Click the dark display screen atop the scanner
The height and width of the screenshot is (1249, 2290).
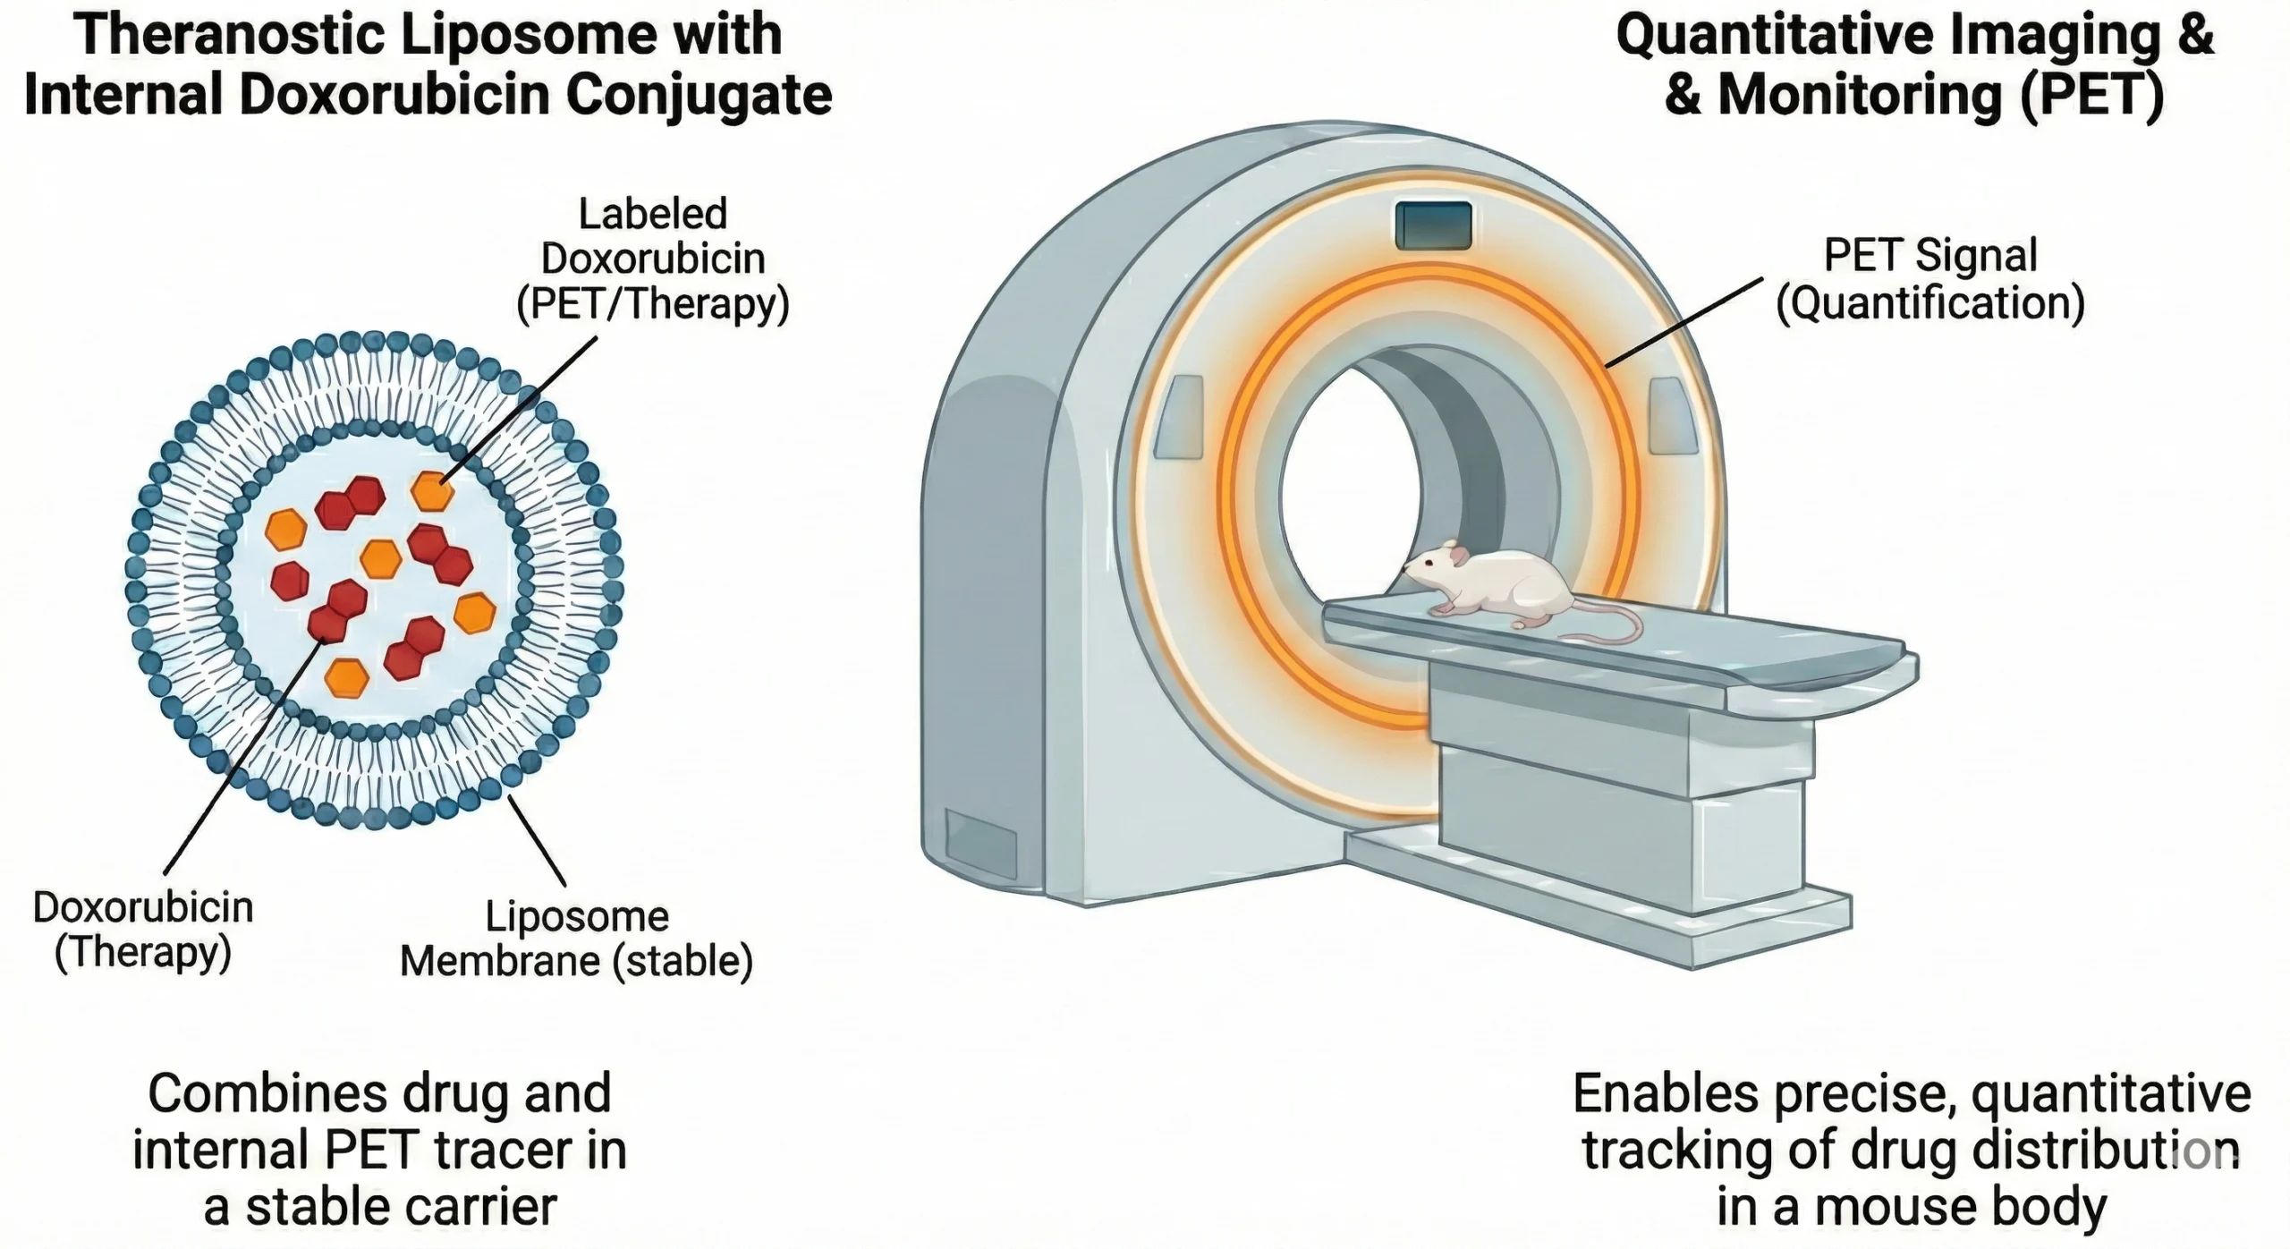tap(1433, 225)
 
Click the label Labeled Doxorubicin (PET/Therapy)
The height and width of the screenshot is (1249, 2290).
tap(653, 259)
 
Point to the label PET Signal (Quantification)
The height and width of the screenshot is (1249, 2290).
tap(1930, 279)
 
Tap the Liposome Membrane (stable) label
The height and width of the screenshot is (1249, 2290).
tap(576, 939)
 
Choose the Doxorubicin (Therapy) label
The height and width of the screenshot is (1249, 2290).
tap(143, 930)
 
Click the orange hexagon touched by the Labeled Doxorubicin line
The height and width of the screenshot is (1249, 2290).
tap(432, 490)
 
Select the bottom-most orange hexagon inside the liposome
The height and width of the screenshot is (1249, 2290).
tap(346, 677)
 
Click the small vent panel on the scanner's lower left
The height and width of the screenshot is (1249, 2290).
tap(980, 843)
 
